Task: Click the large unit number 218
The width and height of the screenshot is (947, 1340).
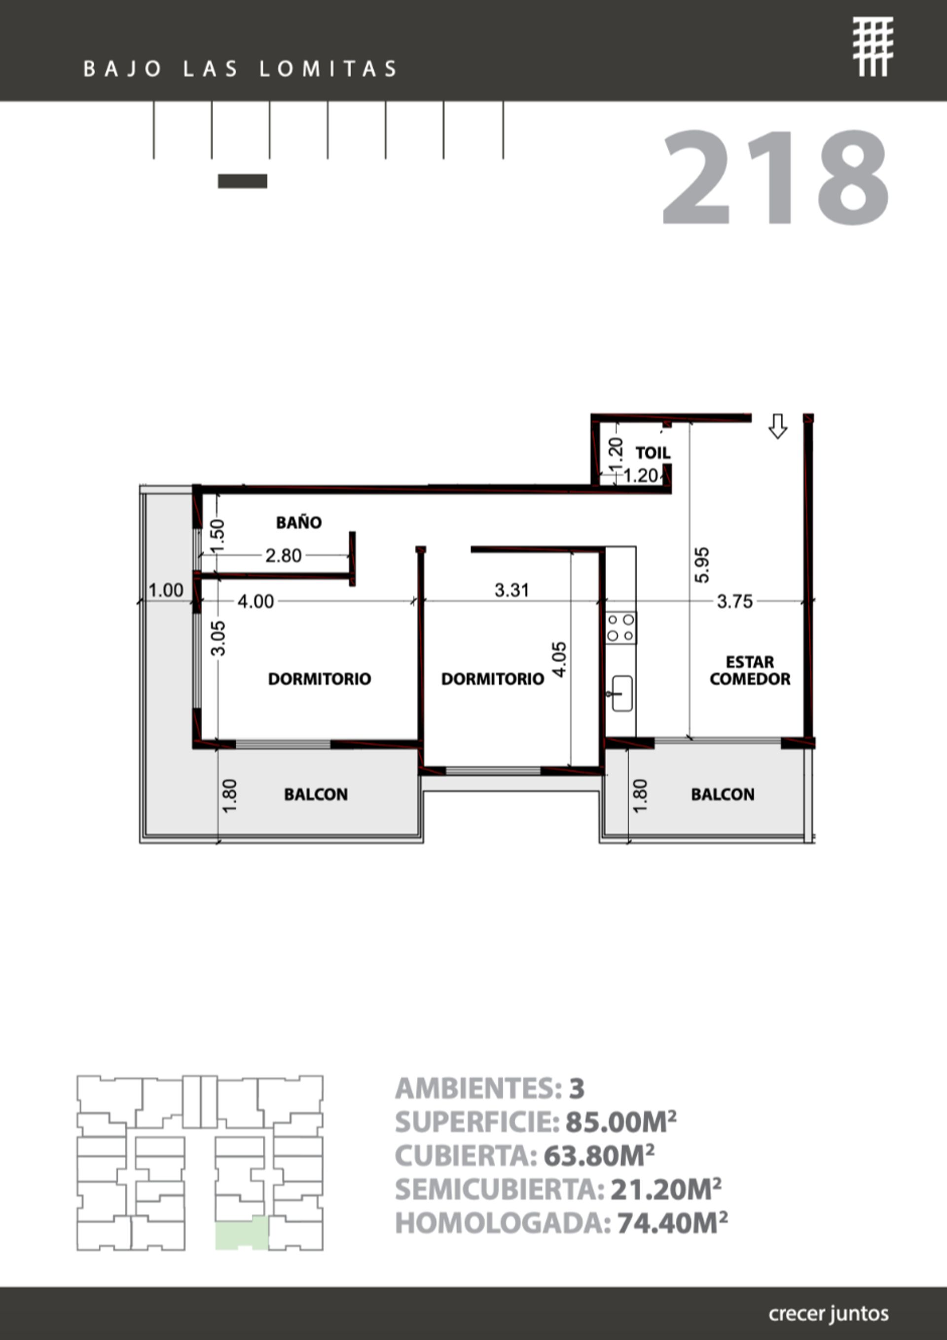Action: pos(775,178)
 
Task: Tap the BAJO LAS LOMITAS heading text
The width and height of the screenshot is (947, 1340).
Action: pos(241,69)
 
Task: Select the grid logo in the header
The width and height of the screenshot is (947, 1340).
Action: pos(872,47)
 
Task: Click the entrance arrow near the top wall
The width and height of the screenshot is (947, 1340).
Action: pos(777,426)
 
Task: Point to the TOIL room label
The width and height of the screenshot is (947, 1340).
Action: pos(653,452)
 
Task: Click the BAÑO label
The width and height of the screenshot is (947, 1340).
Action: pos(298,522)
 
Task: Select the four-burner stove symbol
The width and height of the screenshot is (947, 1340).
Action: pos(620,627)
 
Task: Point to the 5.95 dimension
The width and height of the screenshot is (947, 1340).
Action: pos(702,564)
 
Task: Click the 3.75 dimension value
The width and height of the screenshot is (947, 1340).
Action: pos(734,601)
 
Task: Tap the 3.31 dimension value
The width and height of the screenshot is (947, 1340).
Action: pos(511,590)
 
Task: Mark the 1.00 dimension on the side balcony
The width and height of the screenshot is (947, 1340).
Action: pos(165,590)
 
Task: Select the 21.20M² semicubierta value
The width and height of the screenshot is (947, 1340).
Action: pos(665,1189)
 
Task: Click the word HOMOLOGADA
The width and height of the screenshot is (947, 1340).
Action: pos(503,1223)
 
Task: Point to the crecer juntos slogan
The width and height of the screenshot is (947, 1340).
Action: pos(829,1313)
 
